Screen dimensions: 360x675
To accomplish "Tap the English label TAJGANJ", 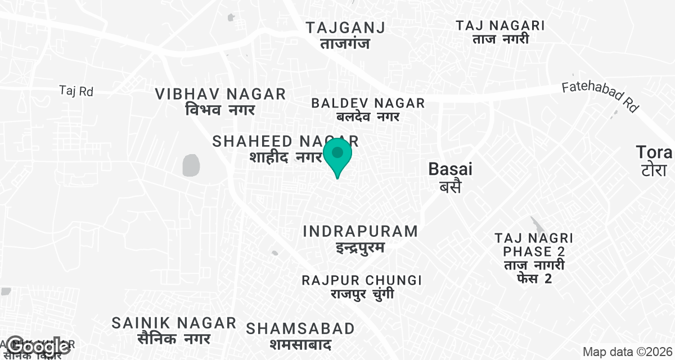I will pyautogui.click(x=345, y=28).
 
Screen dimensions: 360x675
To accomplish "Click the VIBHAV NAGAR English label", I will pyautogui.click(x=220, y=94).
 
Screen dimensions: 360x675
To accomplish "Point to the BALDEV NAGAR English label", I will pyautogui.click(x=368, y=103).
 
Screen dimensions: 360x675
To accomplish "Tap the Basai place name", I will pyautogui.click(x=451, y=169).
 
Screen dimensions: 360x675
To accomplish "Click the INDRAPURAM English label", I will pyautogui.click(x=361, y=231).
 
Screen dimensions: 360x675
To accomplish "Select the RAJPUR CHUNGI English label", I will pyautogui.click(x=362, y=280).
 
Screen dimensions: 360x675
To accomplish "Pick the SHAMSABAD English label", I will pyautogui.click(x=300, y=328).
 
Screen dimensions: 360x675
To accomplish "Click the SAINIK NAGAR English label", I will pyautogui.click(x=174, y=323).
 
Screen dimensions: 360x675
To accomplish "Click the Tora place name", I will pyautogui.click(x=654, y=152).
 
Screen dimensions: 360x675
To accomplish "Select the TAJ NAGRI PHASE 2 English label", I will pyautogui.click(x=534, y=244).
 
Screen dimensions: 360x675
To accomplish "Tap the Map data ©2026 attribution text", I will pyautogui.click(x=627, y=352).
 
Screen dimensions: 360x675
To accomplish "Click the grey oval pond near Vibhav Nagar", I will pyautogui.click(x=191, y=165).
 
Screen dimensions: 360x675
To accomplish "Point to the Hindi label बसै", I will pyautogui.click(x=450, y=186).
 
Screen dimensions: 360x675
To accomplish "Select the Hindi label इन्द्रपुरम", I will pyautogui.click(x=360, y=246).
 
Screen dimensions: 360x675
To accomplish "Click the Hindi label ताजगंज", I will pyautogui.click(x=345, y=43).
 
